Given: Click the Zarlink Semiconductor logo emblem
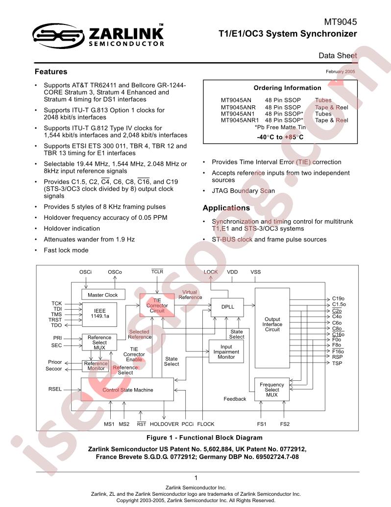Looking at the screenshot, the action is point(59,36).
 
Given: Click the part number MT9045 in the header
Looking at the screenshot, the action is point(340,22).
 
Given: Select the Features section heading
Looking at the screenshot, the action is point(51,72).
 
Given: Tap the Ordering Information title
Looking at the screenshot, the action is point(287,88).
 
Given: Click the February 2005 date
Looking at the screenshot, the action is point(340,71).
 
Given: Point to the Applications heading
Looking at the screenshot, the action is point(226,208).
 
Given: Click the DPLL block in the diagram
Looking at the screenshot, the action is point(227,307).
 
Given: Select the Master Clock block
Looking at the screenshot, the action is point(102,295).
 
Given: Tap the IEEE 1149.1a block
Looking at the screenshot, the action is point(99,313).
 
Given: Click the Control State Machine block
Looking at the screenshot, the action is point(127,390).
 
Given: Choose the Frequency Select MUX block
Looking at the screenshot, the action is point(271,390).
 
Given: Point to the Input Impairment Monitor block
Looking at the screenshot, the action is point(226,351).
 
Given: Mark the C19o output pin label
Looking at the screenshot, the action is point(338,299).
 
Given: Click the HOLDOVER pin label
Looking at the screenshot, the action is point(164,424).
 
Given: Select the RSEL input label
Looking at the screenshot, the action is point(55,389).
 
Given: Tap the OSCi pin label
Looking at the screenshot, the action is point(85,272).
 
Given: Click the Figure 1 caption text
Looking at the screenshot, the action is point(204,438).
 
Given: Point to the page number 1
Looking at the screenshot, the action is point(196,478).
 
